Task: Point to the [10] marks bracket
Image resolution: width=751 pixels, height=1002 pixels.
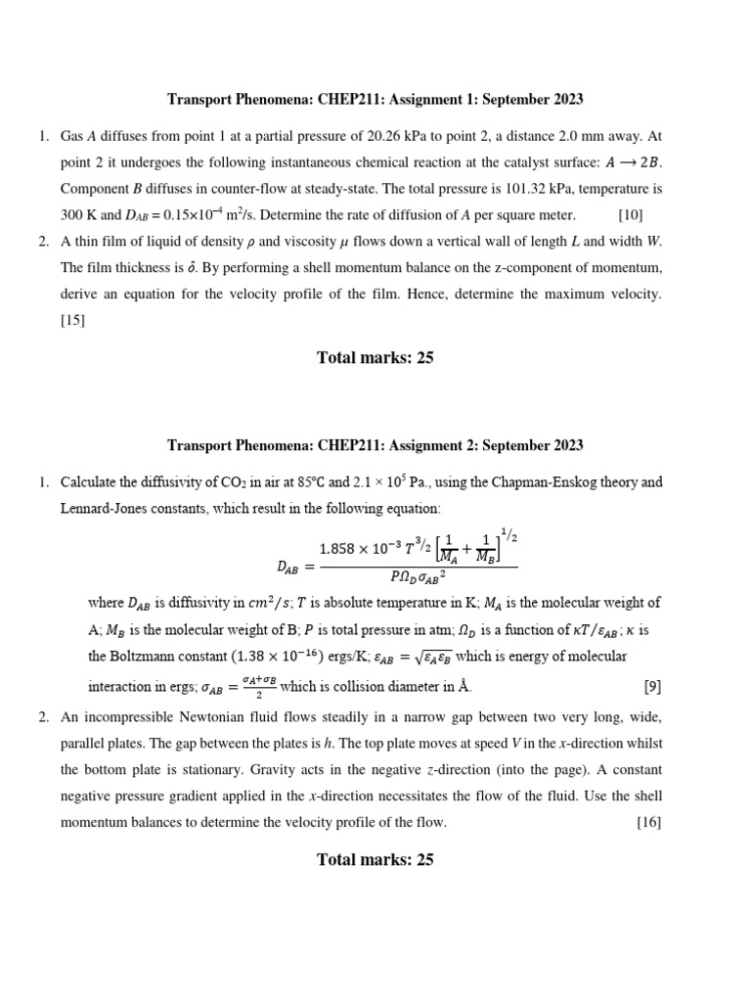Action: [x=631, y=214]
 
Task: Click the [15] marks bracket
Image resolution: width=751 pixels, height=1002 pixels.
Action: [x=73, y=320]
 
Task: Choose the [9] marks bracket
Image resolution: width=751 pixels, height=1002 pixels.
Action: [x=652, y=687]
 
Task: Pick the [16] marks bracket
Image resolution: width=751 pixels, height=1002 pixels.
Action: [x=648, y=822]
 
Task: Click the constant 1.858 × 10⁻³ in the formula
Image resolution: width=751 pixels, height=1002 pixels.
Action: [x=364, y=549]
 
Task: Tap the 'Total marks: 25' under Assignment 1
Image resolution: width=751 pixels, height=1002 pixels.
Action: [x=375, y=357]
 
